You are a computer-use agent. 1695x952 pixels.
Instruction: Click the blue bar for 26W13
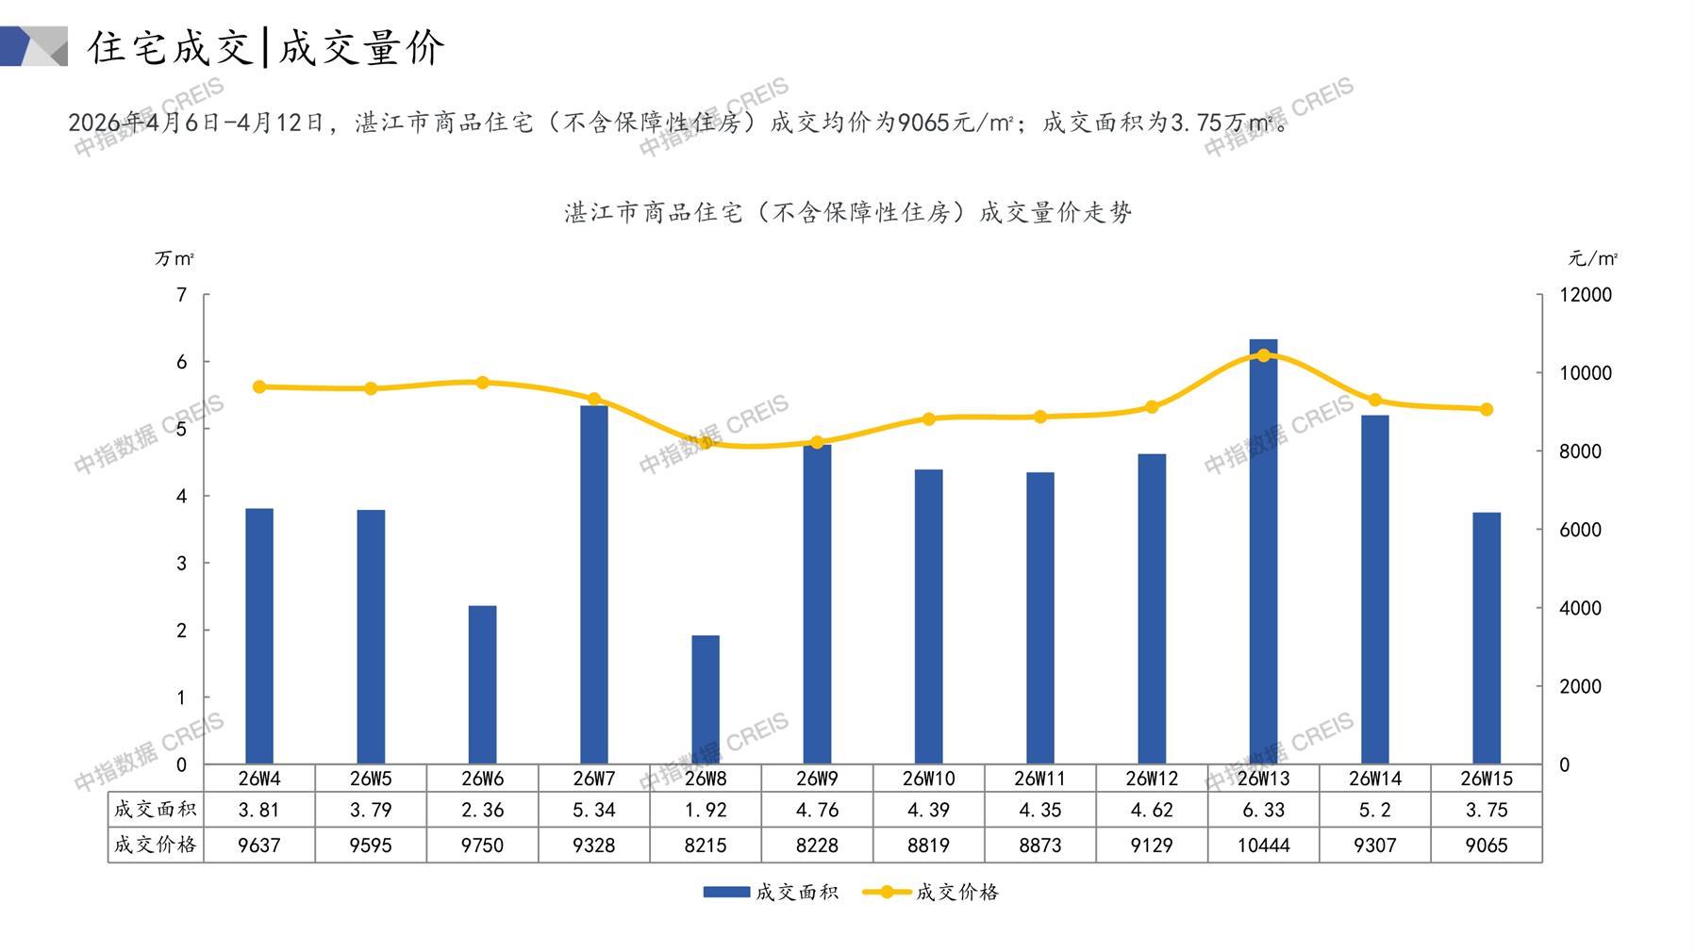tap(1263, 551)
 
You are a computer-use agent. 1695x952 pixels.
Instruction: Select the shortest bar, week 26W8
tap(706, 699)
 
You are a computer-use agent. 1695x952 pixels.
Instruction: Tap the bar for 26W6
tap(482, 684)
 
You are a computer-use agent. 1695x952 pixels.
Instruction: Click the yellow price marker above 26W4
tap(259, 386)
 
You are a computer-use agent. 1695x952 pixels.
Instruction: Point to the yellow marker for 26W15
tap(1487, 409)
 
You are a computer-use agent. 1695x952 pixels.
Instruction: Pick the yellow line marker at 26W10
tap(929, 419)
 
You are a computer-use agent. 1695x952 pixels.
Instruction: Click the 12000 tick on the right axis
tap(1585, 295)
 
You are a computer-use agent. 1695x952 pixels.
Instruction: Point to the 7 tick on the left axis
tap(182, 295)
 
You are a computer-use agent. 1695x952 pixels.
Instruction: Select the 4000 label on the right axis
tap(1580, 608)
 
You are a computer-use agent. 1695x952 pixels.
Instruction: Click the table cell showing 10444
tap(1263, 845)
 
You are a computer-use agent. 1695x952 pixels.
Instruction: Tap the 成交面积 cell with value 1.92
tap(706, 810)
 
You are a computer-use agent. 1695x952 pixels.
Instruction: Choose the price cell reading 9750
tap(482, 845)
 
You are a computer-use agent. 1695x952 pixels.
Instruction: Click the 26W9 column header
tap(817, 779)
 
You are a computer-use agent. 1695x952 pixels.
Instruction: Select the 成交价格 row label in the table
tap(156, 845)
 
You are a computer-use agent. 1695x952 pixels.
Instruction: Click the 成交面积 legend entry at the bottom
tap(771, 892)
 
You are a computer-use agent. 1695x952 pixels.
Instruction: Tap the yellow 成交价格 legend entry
tap(931, 892)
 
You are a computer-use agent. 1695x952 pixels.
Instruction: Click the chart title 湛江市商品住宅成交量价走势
tap(847, 213)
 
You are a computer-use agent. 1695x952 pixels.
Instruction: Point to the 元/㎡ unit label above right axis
tap(1592, 258)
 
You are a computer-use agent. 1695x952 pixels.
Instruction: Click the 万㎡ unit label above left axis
tap(174, 258)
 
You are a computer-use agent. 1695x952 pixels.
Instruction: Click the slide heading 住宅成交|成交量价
tap(266, 47)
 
